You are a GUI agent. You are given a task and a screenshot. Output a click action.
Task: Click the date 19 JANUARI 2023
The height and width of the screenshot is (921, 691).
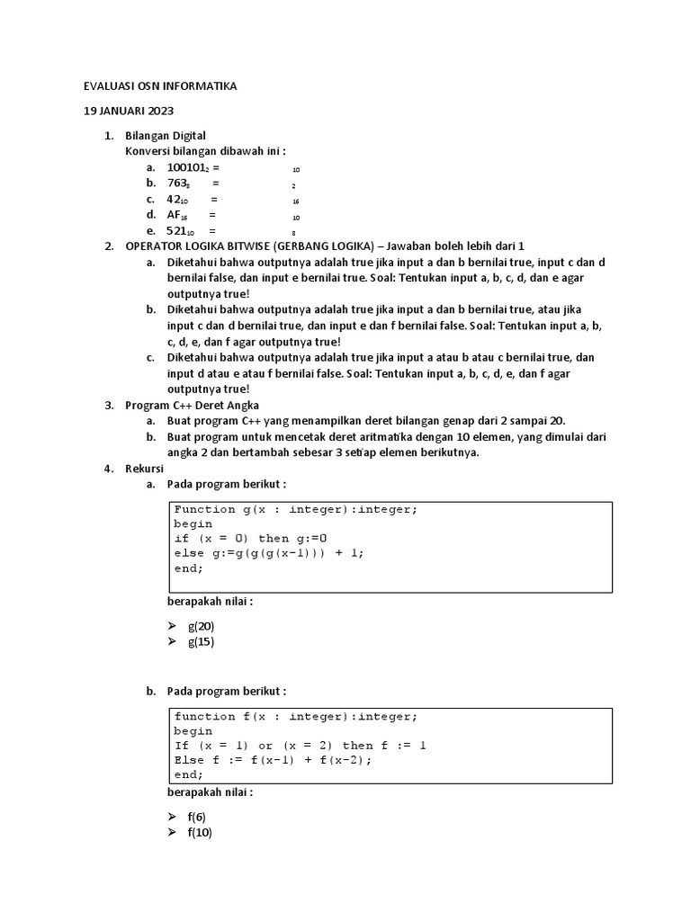click(130, 112)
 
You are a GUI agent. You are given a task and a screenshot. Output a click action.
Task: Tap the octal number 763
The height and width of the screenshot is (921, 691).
click(178, 183)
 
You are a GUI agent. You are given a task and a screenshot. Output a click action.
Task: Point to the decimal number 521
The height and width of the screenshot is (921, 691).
click(180, 231)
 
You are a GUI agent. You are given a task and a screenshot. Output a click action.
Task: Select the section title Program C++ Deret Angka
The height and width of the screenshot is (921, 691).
click(191, 406)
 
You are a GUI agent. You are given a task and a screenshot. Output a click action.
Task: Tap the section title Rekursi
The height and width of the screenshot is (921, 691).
click(143, 469)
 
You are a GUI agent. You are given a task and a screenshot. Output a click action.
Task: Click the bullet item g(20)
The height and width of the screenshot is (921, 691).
click(201, 626)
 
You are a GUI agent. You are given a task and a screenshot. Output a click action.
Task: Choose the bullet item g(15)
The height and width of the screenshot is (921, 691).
click(201, 641)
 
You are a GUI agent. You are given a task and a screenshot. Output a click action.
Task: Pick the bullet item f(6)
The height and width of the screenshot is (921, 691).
click(196, 817)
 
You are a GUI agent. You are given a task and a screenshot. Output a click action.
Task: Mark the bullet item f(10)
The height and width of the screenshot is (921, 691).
click(200, 832)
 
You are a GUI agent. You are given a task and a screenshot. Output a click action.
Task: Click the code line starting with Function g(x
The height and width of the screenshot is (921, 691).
click(296, 509)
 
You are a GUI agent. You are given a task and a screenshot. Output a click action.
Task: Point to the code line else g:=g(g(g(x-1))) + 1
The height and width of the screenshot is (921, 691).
click(270, 553)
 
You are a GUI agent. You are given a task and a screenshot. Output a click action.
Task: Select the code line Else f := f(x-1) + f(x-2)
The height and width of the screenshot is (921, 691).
click(273, 759)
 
